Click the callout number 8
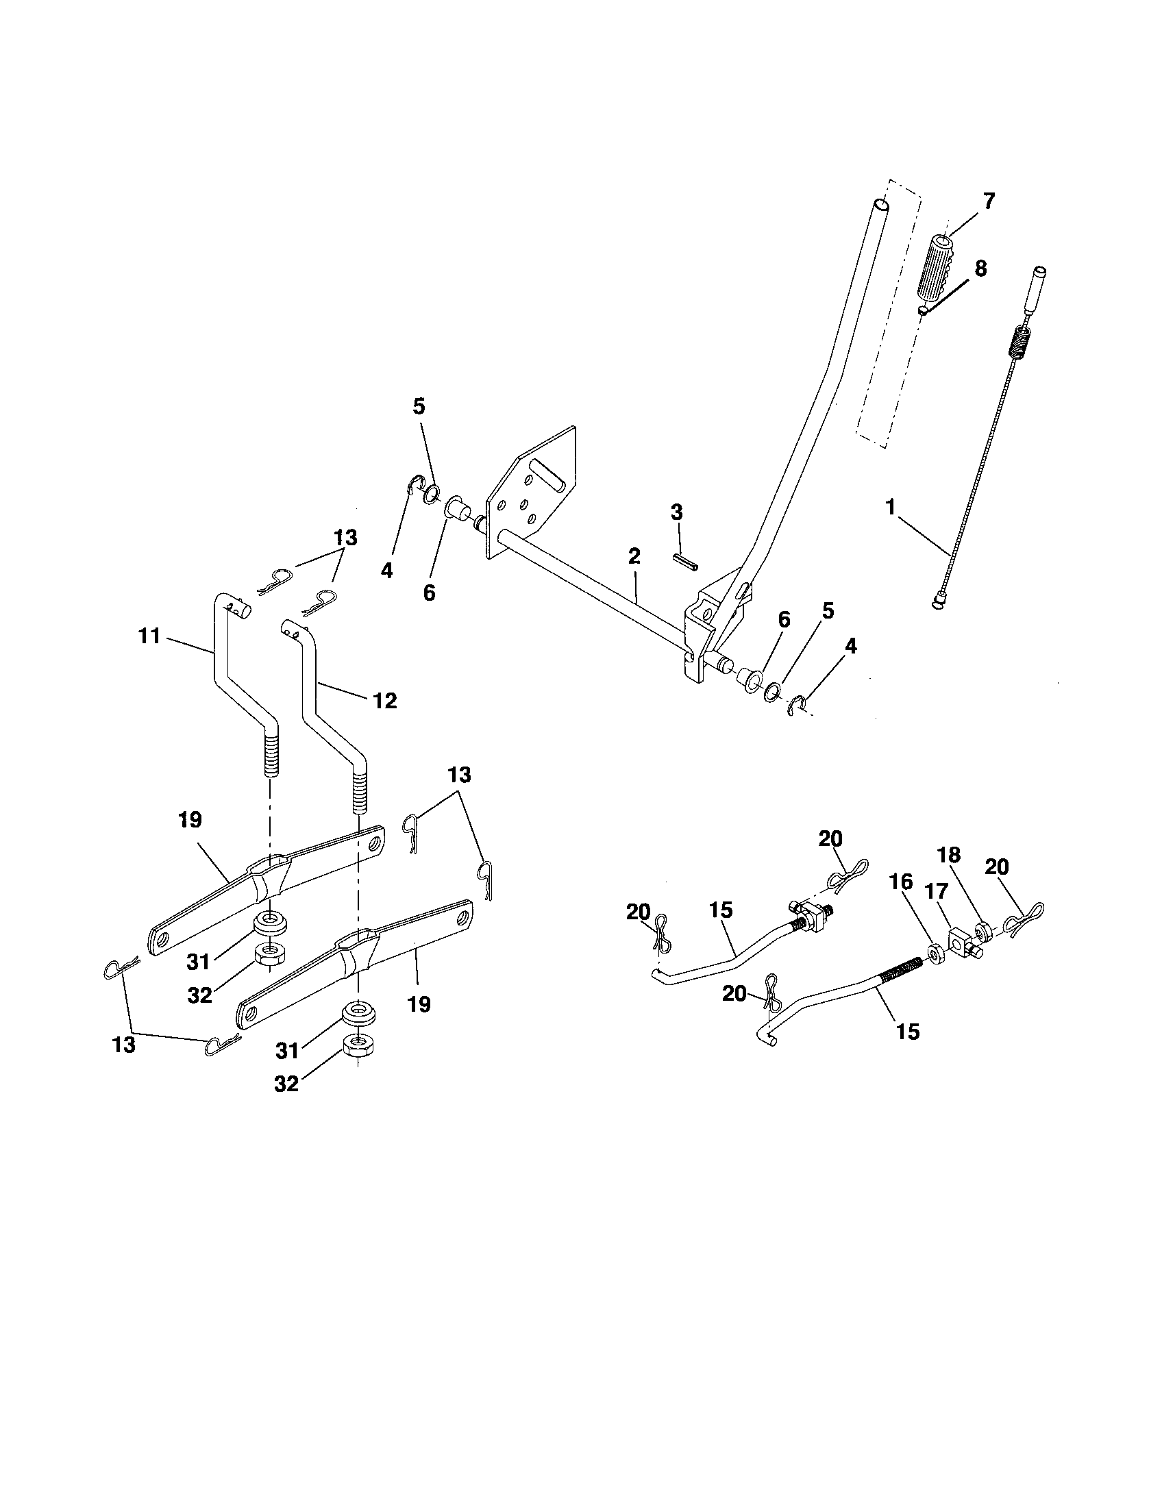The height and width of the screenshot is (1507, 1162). click(980, 269)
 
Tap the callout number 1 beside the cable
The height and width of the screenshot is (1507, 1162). click(891, 507)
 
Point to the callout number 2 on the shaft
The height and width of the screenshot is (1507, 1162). click(634, 557)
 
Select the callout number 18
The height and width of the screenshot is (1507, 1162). click(949, 856)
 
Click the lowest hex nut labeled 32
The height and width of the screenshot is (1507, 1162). click(360, 1045)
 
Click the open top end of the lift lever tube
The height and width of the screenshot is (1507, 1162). click(880, 205)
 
